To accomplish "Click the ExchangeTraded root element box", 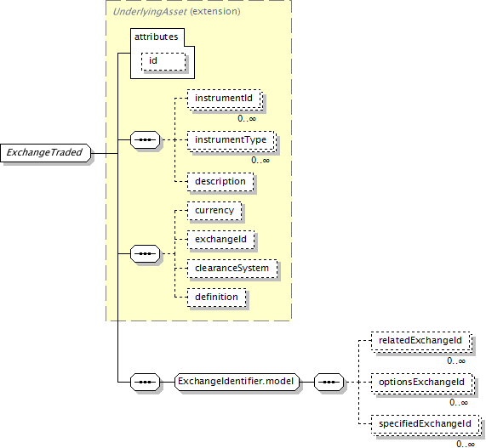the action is pos(46,153).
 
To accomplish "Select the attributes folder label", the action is pos(157,37).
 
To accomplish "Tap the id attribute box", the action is pos(163,61).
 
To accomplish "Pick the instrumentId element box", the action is pos(225,99).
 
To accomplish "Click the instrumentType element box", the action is pos(232,141).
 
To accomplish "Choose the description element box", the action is pos(220,182).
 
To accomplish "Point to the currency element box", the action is pos(214,211).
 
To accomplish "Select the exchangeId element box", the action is pos(220,240).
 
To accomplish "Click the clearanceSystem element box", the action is pos(232,269).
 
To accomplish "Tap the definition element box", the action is pos(217,298).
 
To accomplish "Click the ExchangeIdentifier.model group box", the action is pos(237,382).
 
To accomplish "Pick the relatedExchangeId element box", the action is pos(421,342).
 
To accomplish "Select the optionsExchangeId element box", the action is pos(423,383).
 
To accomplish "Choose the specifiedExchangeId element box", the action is pos(426,424).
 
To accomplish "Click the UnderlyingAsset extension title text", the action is pos(176,12).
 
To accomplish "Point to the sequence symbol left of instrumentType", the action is pos(145,140).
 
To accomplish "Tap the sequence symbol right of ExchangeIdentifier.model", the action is pos(329,382).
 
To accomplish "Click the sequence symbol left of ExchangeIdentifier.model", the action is pos(145,382).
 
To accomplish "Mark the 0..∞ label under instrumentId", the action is pos(247,118).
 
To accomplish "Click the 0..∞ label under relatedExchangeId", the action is pos(456,361).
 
